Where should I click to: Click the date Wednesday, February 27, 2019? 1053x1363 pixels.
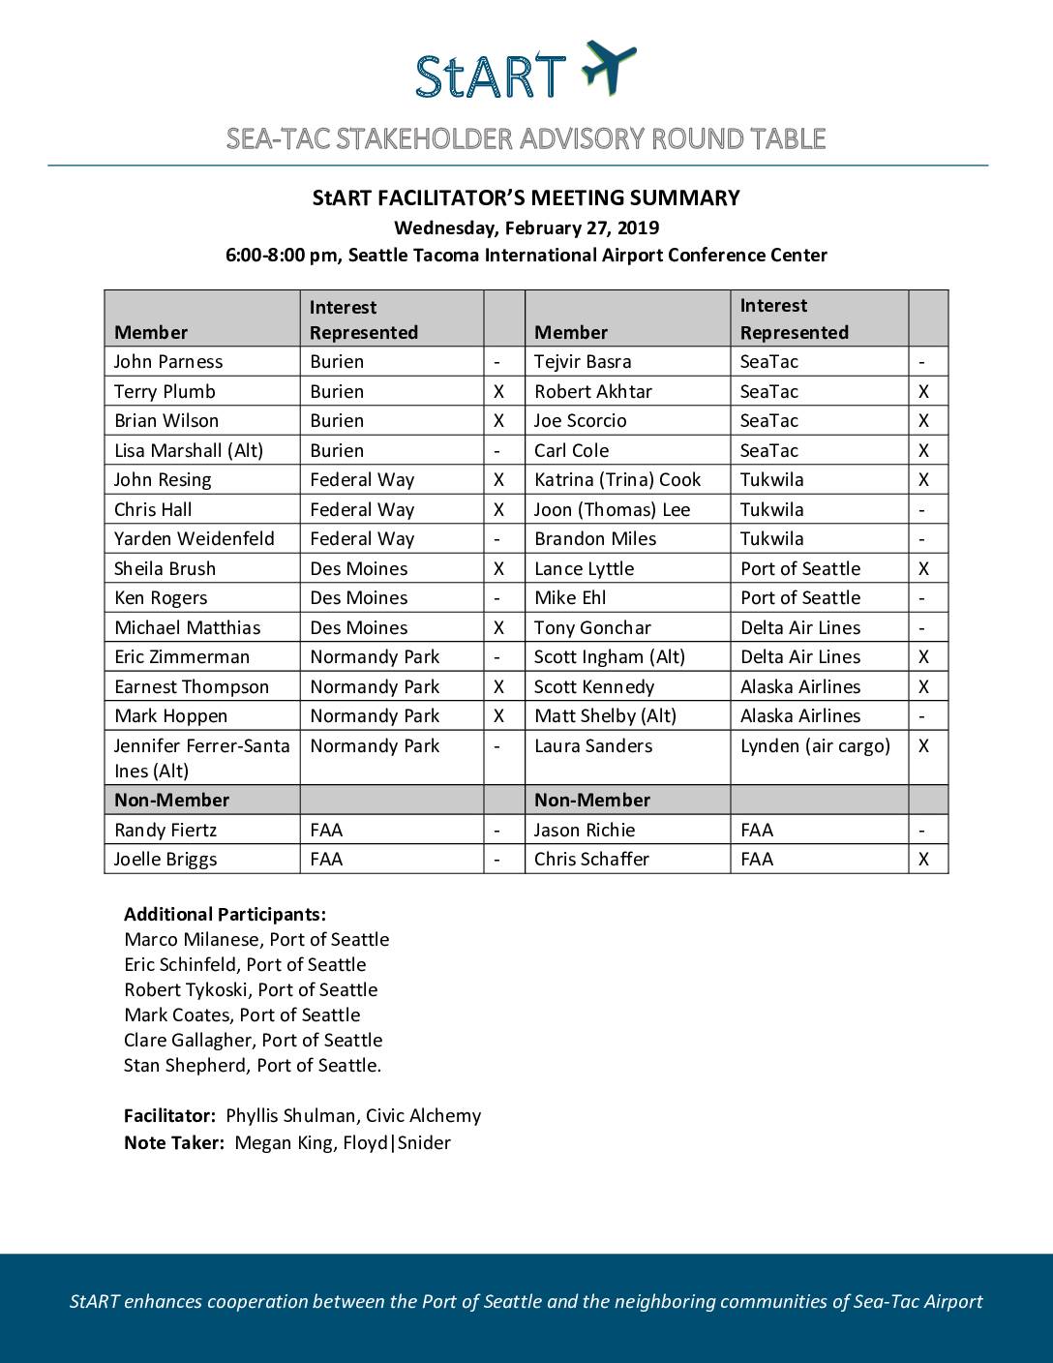coord(526,228)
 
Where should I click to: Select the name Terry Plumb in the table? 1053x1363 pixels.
coord(165,392)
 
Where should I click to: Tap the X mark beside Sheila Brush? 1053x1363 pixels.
coord(498,569)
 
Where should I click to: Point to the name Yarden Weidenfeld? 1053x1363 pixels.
coord(194,539)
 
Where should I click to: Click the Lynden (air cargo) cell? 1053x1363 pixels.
coord(815,746)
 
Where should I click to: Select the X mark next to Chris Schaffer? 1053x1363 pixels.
coord(923,860)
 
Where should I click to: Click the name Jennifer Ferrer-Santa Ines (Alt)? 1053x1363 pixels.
coord(201,758)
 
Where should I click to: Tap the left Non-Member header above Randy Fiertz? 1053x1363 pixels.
coord(171,801)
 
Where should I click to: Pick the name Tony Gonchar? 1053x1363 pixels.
coord(592,628)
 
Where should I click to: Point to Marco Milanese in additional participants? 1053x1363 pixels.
coord(256,940)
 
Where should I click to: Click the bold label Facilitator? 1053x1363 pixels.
coord(169,1116)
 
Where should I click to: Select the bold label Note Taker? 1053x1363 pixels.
coord(174,1143)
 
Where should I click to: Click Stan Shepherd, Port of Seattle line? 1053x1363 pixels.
coord(253,1066)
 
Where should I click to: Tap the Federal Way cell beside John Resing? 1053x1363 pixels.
coord(362,480)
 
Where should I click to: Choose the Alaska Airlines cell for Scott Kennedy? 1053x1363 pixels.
coord(799,687)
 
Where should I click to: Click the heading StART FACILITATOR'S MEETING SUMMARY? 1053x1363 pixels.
coord(526,198)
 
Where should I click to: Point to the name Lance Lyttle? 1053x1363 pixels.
coord(584,569)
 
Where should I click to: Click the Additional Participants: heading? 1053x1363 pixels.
coord(225,915)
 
